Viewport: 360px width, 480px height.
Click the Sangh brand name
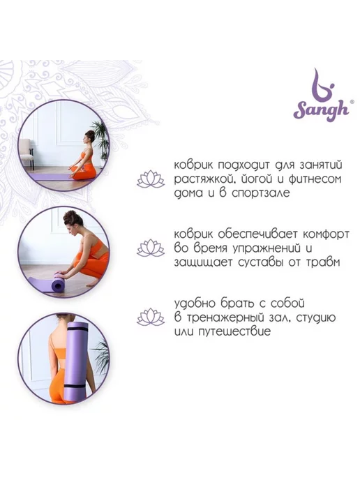322,110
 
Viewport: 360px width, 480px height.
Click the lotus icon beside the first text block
151,179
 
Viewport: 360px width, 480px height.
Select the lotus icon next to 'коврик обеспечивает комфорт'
151,248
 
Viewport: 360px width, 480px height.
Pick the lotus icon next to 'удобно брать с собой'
151,317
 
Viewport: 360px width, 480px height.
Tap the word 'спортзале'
260,193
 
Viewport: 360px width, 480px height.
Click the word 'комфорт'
325,234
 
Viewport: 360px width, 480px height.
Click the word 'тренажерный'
225,317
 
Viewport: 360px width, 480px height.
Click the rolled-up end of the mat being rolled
58,284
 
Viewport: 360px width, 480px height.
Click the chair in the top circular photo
27,152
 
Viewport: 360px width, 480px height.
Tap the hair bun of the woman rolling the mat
69,216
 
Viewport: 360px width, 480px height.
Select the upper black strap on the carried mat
77,328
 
